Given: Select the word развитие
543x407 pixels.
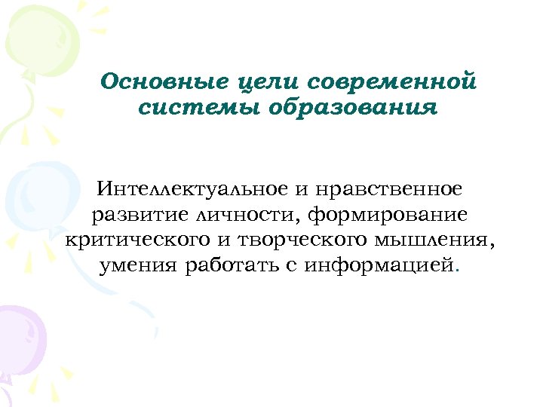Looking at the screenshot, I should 141,215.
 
